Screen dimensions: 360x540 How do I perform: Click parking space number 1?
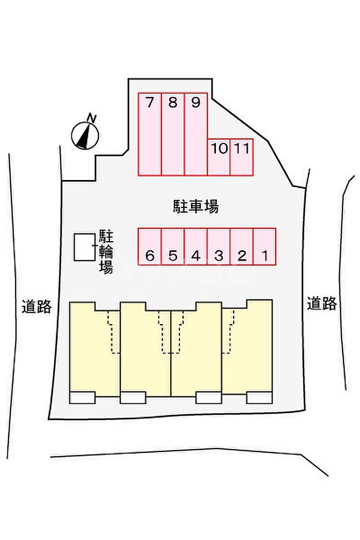tap(264, 246)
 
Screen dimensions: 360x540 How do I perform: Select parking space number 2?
tap(242, 246)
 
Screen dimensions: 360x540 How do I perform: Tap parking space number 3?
tap(219, 246)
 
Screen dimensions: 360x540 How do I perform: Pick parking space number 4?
tap(196, 246)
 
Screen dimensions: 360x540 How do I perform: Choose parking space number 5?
tap(173, 246)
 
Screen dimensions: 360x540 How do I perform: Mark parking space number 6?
tap(150, 246)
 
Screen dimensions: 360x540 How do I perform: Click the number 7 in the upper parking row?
tap(150, 103)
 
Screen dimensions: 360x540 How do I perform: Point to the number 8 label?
tap(173, 103)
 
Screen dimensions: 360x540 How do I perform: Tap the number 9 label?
tap(195, 103)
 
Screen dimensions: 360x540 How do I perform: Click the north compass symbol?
tap(85, 135)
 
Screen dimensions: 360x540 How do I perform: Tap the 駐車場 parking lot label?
tap(195, 207)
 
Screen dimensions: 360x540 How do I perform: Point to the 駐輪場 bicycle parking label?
tap(106, 252)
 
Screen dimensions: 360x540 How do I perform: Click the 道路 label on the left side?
tap(37, 307)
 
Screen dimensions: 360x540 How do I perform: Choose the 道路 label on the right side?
tap(322, 303)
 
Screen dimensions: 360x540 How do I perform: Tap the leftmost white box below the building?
tap(82, 398)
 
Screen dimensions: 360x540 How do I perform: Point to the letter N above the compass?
tap(92, 118)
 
